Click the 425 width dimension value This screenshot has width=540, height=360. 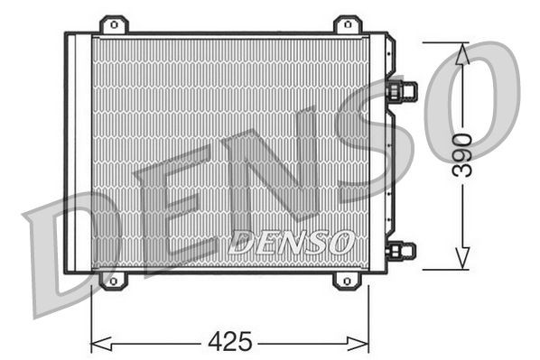(230, 342)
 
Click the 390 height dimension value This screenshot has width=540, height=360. (461, 156)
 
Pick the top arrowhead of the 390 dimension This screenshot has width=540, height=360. (461, 51)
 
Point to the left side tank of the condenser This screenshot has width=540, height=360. (79, 153)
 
